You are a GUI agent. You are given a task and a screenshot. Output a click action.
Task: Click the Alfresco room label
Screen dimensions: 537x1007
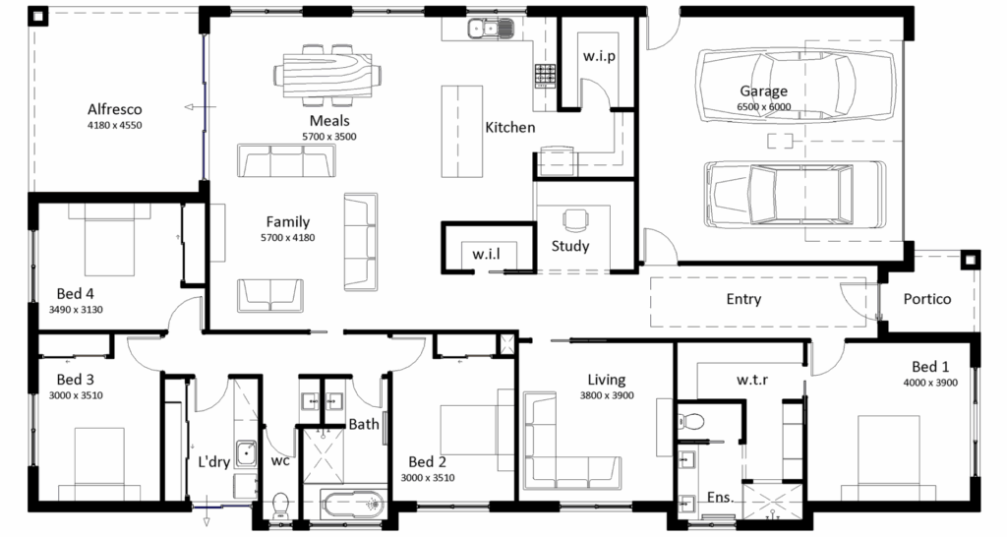tap(114, 108)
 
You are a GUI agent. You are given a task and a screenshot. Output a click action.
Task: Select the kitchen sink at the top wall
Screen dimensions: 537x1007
tap(488, 30)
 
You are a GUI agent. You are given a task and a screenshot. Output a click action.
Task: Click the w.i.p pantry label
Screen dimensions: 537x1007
tap(598, 56)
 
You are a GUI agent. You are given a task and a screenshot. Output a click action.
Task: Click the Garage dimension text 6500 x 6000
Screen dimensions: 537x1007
tap(765, 107)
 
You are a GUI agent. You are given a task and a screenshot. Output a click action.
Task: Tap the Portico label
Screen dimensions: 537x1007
tap(927, 298)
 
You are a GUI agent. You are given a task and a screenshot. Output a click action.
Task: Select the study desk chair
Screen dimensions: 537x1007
tap(572, 218)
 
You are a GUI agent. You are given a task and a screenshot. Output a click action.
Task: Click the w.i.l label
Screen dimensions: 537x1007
tap(486, 254)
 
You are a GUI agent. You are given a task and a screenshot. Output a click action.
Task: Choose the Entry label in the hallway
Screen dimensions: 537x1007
tap(742, 299)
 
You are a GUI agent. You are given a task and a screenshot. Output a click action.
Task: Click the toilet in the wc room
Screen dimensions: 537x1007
tap(281, 505)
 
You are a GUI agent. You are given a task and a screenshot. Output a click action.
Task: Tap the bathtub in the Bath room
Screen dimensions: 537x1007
tap(350, 506)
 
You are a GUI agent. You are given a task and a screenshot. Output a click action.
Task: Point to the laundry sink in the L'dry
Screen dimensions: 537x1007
tap(246, 455)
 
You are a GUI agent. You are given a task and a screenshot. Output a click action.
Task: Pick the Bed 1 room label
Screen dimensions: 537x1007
tap(930, 367)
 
